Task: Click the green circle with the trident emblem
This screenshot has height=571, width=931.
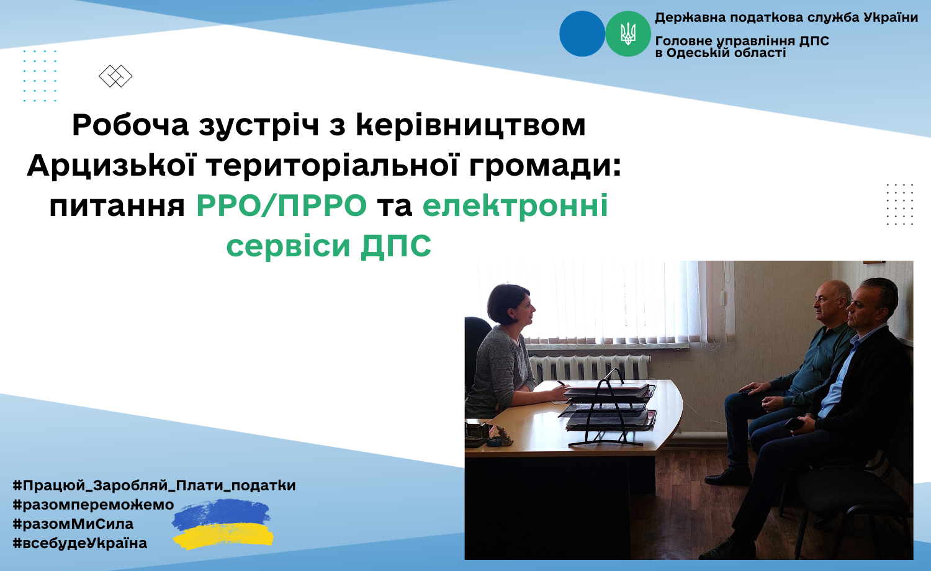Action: [627, 34]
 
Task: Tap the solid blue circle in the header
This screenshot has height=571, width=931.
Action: [582, 34]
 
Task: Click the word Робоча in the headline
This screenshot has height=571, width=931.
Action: [130, 125]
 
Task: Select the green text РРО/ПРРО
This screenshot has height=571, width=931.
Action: [281, 205]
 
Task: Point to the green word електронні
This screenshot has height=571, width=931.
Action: [515, 205]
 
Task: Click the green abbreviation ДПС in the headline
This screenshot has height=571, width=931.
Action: [396, 246]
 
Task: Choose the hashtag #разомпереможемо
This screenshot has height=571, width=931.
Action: [94, 505]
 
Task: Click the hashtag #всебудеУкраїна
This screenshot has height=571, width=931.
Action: [80, 543]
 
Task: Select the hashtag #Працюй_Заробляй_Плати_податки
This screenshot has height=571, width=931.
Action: [154, 485]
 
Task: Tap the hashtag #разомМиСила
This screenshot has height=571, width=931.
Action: [73, 524]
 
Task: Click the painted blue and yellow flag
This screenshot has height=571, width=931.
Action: [223, 524]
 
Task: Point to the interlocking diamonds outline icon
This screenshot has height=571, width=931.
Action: [115, 76]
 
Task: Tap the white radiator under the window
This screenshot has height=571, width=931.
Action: [590, 368]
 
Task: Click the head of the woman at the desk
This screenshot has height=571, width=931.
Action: [510, 305]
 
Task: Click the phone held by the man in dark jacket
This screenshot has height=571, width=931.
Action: [793, 424]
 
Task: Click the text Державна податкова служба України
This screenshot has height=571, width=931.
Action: [786, 17]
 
